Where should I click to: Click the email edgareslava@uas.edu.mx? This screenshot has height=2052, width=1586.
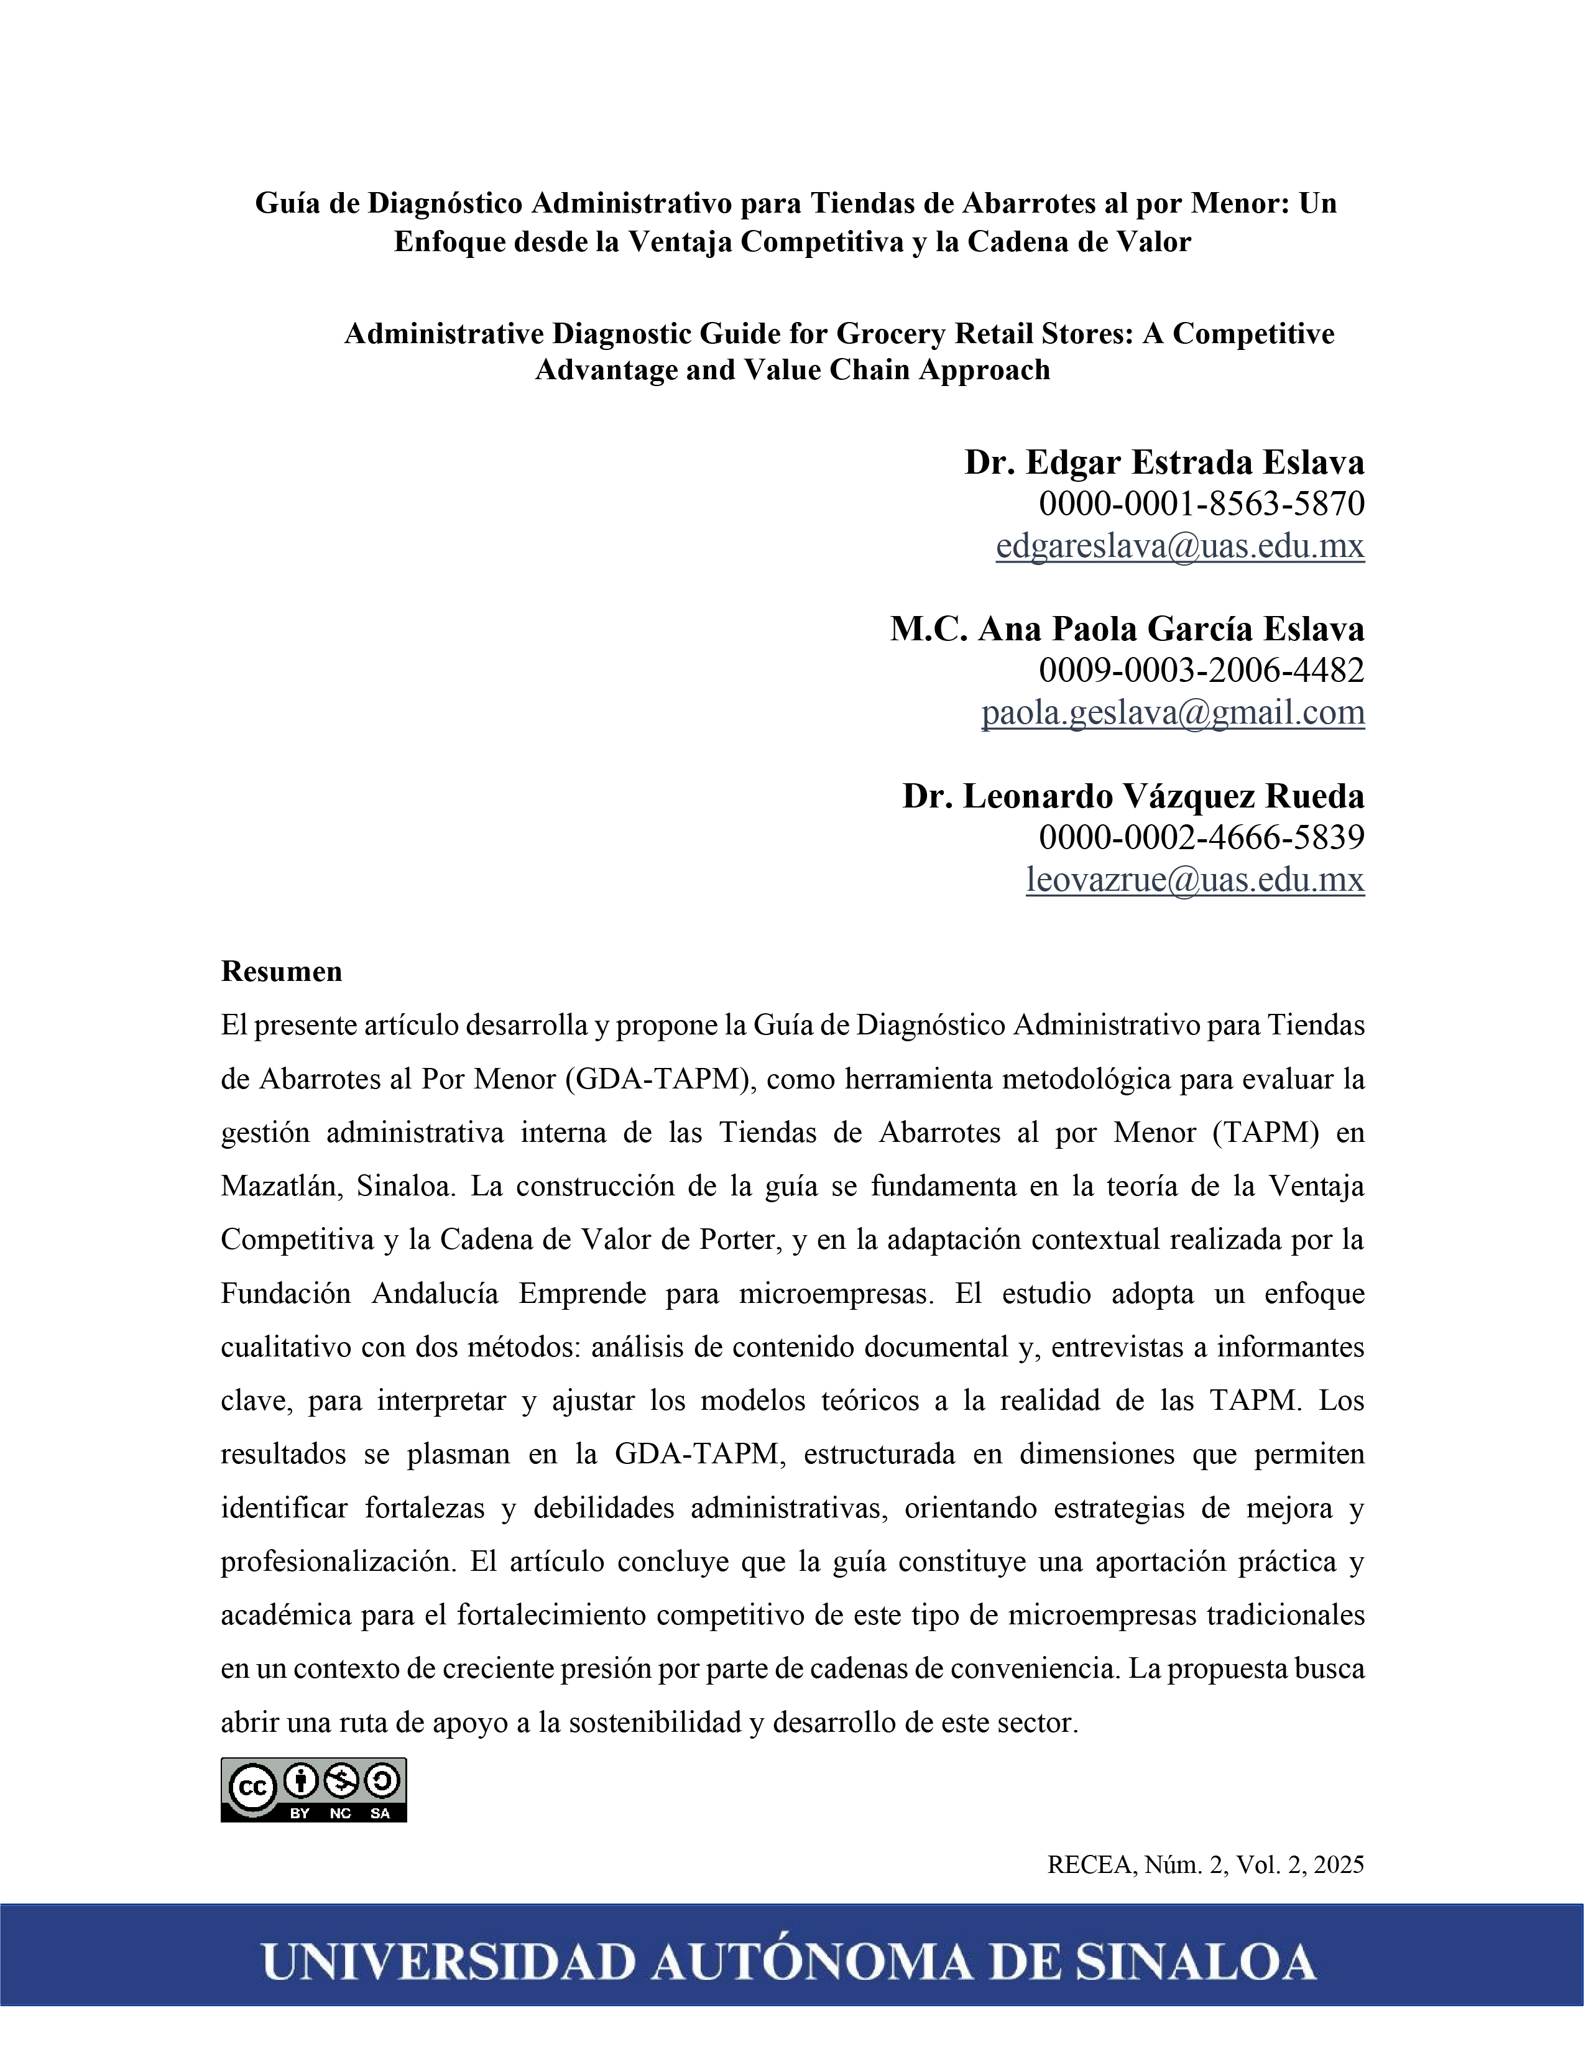1179,546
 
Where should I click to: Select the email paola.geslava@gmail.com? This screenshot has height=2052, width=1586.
1173,712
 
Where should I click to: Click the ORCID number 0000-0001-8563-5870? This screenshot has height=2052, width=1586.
1201,504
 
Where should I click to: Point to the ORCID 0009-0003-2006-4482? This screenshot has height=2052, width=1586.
1201,670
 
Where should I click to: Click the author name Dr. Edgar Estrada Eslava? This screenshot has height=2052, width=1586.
1163,462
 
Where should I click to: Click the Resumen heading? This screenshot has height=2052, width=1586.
281,972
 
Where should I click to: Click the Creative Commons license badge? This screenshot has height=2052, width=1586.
314,1790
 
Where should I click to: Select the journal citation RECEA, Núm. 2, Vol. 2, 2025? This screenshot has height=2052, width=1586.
1206,1865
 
